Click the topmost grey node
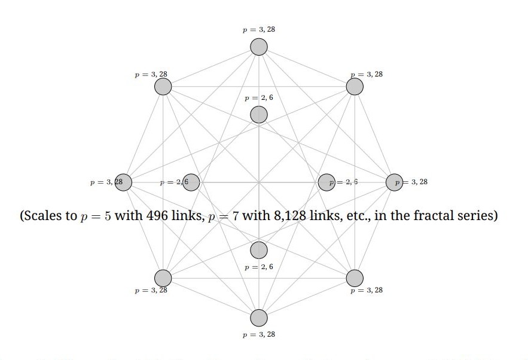[x=259, y=47]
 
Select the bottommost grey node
[x=259, y=318]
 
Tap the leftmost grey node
[x=123, y=182]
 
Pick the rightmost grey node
[x=394, y=182]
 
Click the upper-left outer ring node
[x=163, y=87]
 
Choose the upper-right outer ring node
[x=355, y=87]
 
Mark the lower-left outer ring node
[x=163, y=277]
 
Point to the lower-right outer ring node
[x=355, y=277]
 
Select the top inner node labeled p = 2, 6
[x=259, y=114]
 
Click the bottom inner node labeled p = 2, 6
[x=259, y=250]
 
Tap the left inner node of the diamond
[x=191, y=182]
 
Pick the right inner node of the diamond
[x=326, y=182]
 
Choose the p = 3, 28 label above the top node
[x=259, y=29]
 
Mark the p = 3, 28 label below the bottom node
[x=259, y=335]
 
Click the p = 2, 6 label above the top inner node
[x=259, y=97]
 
